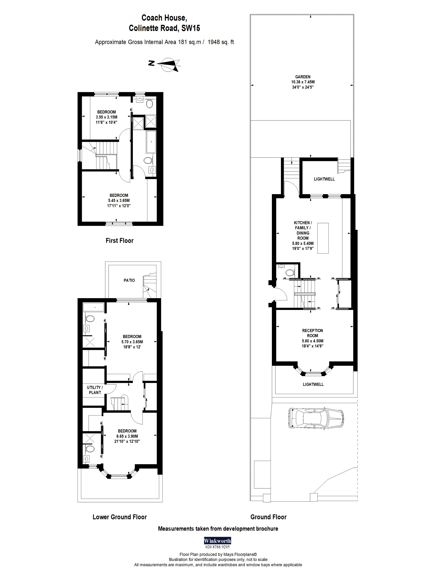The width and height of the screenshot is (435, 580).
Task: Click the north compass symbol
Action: point(168,64)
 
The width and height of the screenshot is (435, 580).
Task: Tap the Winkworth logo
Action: point(217,541)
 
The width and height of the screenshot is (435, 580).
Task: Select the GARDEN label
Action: point(303,77)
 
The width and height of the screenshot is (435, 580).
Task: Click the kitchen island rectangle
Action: point(323,238)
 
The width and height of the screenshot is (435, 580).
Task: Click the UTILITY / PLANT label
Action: point(95,390)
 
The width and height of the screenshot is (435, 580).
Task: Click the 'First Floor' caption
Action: point(120,240)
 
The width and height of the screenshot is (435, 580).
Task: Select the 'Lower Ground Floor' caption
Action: point(120,517)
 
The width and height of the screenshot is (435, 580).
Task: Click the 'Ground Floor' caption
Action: point(268,517)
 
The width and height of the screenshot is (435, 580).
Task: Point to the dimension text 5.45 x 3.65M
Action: point(119,200)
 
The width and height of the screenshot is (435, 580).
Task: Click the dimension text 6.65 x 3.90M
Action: point(127,436)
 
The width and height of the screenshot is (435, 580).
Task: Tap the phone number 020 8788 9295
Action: point(217,547)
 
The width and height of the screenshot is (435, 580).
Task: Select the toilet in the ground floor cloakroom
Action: point(290,273)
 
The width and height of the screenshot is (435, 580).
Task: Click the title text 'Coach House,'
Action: point(164,18)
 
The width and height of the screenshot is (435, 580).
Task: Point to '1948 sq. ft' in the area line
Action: point(220,42)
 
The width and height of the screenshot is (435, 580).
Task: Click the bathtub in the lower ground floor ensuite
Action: point(93,307)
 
